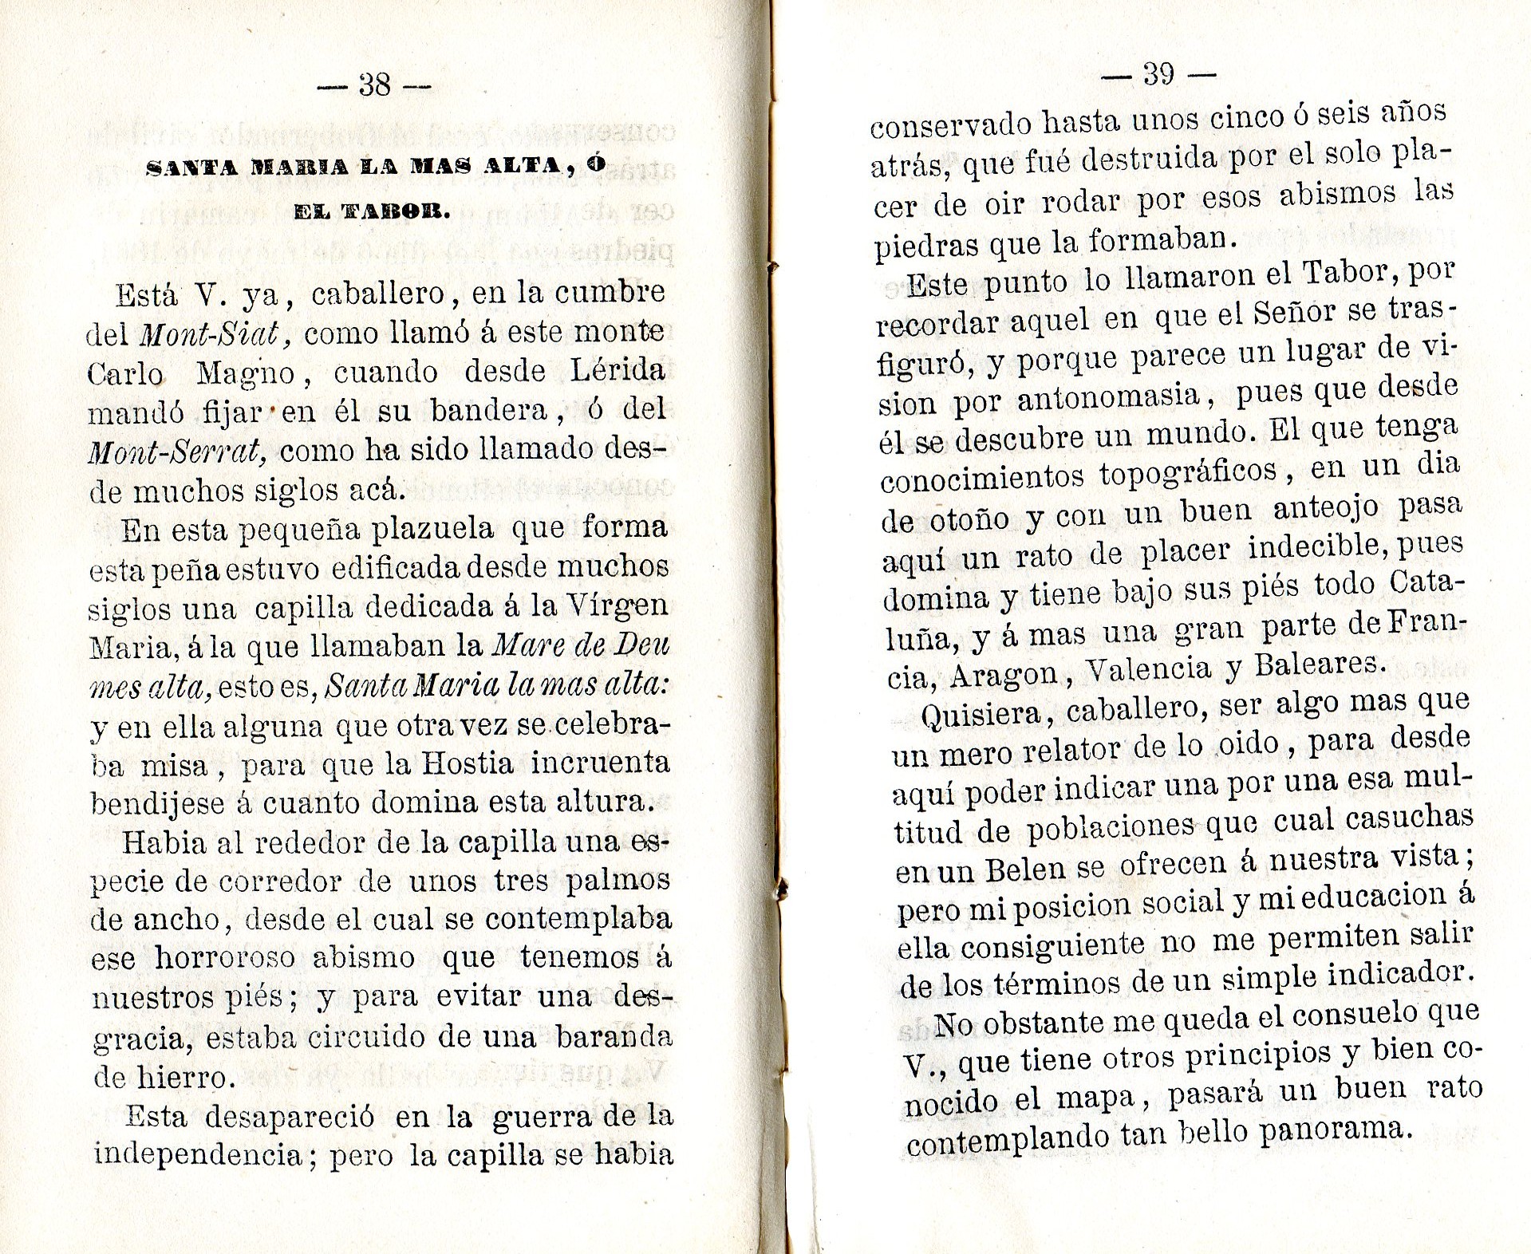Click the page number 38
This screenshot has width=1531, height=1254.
tap(374, 85)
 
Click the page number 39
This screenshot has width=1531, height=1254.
tap(1158, 74)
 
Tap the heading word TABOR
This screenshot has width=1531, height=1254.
tap(396, 211)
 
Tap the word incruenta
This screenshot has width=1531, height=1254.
tap(600, 763)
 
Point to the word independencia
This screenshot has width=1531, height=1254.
tap(199, 1154)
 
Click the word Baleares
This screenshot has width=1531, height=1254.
tap(1318, 664)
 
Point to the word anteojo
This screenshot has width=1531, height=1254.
tap(1327, 507)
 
